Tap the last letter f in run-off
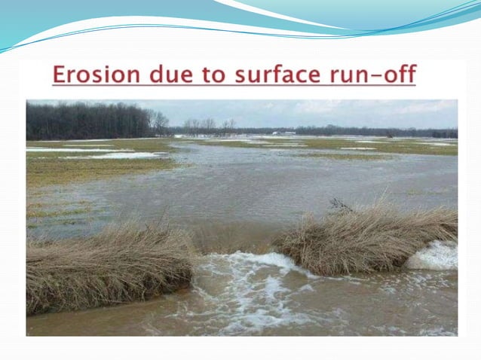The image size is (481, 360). point(409,75)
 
